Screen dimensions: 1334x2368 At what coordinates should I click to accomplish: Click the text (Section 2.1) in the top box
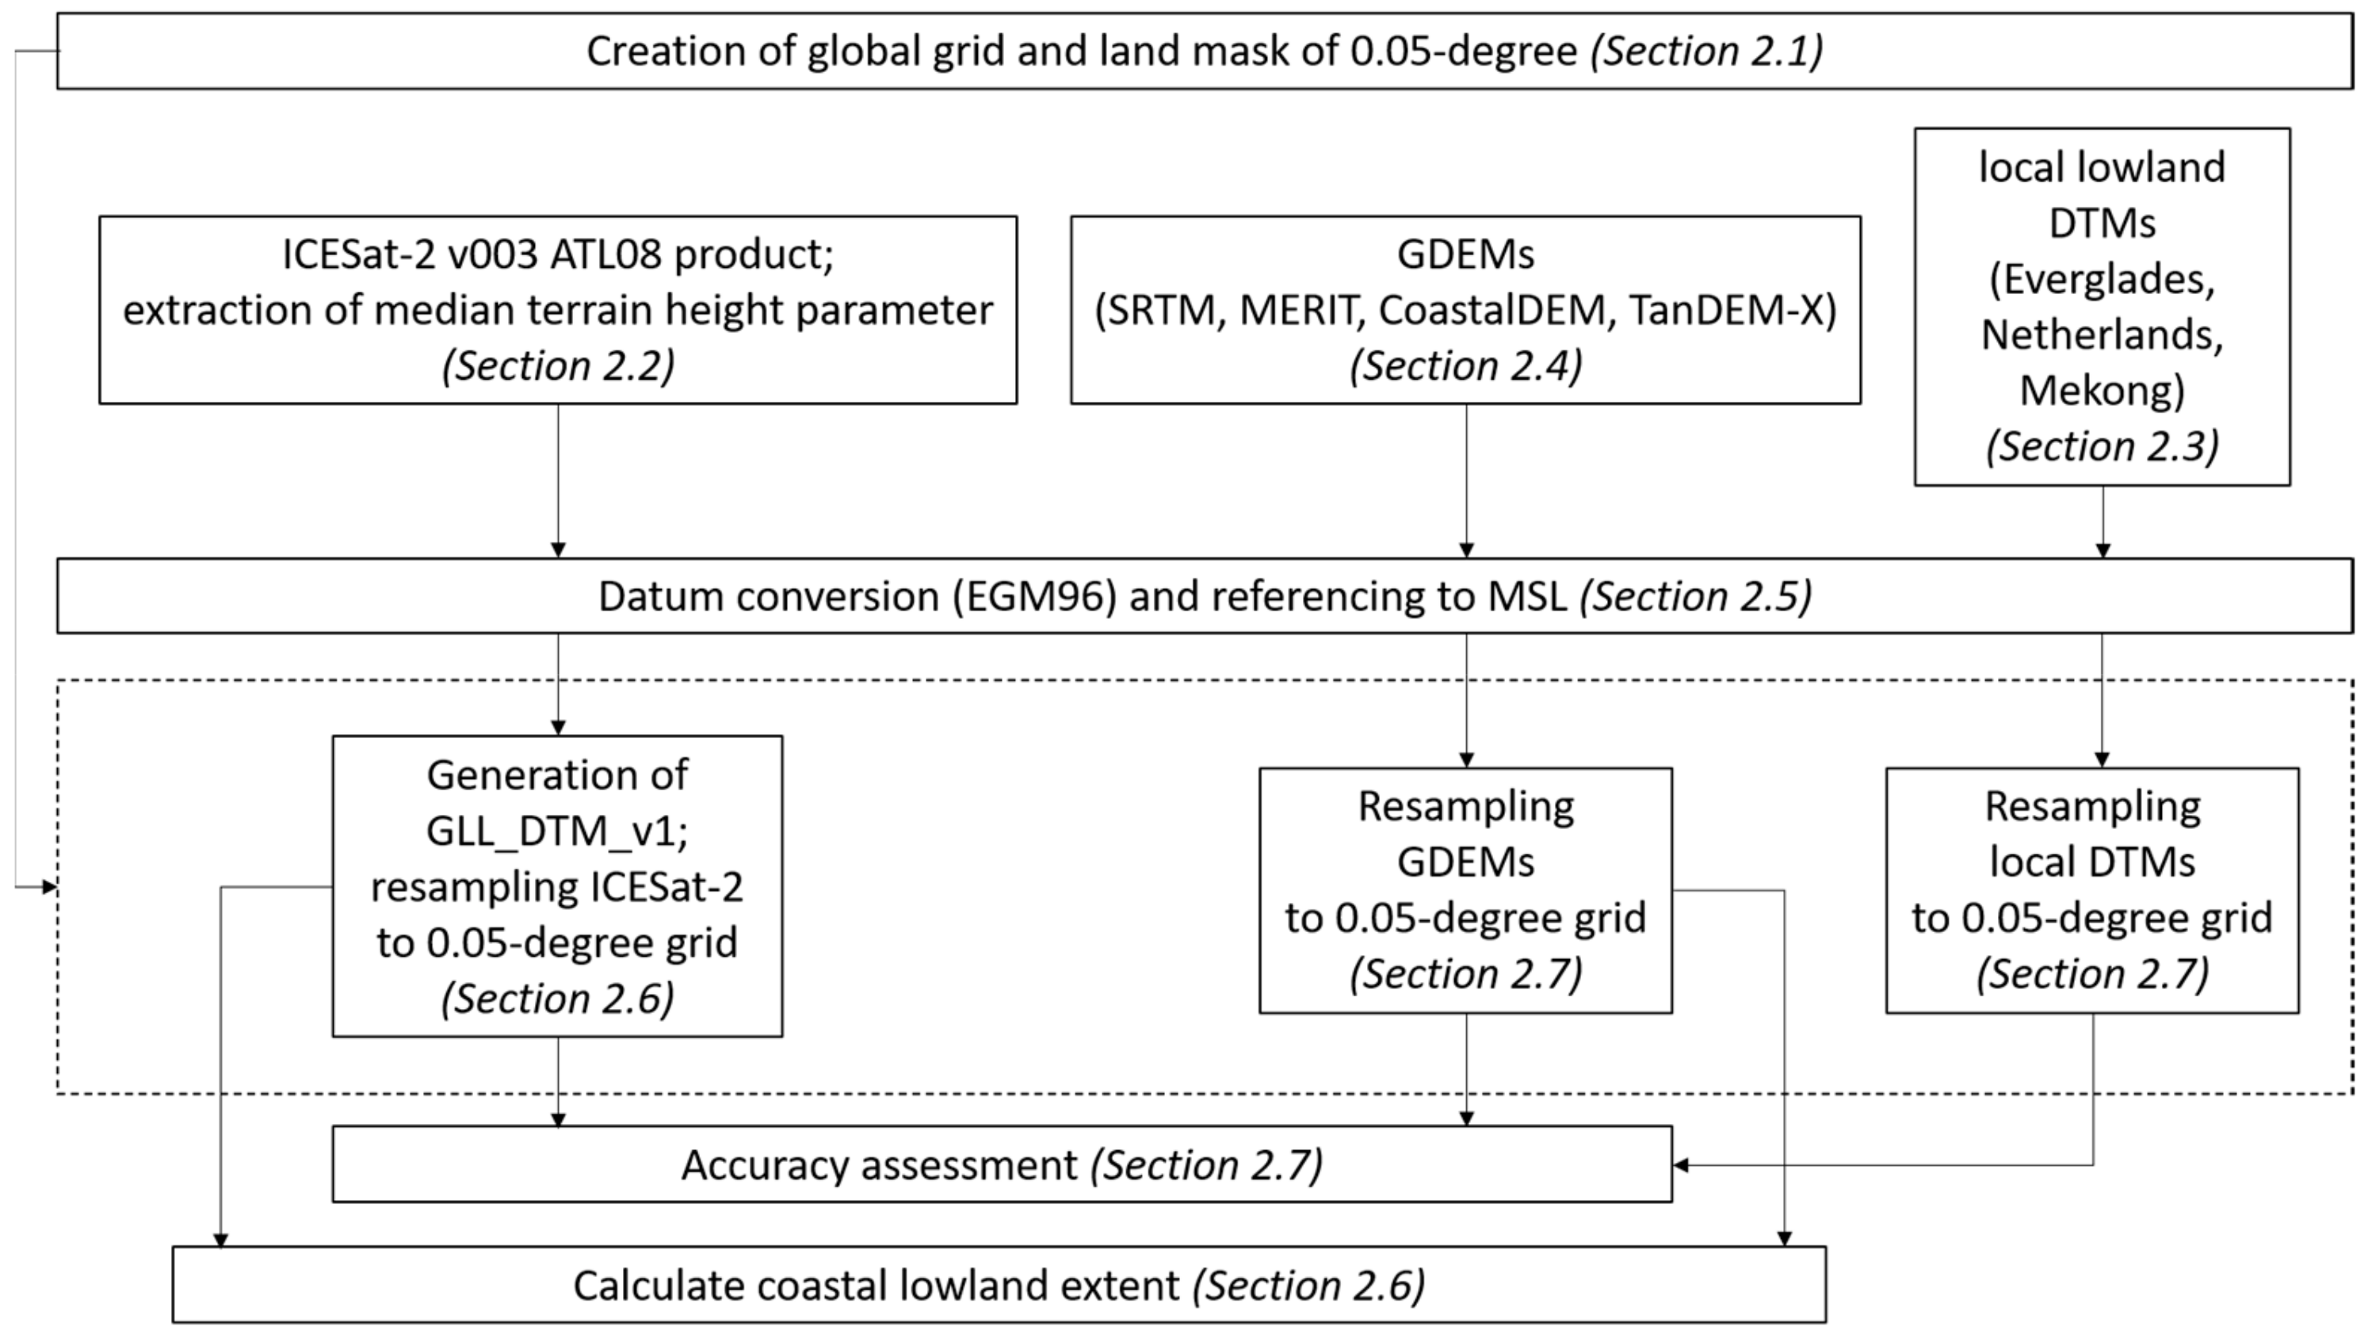(x=1706, y=52)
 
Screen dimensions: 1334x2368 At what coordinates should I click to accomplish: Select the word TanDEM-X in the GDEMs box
(x=1732, y=311)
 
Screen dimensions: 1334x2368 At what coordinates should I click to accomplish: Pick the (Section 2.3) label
(x=2103, y=447)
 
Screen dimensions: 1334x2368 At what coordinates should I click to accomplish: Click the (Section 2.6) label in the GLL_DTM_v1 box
(x=557, y=1000)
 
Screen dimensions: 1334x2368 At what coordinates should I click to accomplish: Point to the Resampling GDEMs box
(x=1465, y=890)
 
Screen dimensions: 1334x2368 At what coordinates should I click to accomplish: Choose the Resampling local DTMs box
(x=2092, y=890)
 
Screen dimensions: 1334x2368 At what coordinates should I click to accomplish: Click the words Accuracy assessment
(x=879, y=1166)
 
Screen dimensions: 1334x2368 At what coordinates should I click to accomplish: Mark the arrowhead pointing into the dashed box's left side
(x=50, y=887)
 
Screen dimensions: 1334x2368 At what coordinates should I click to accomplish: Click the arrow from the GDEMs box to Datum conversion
(x=1466, y=478)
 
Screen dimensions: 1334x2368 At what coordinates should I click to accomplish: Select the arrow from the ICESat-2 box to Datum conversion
(x=558, y=478)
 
